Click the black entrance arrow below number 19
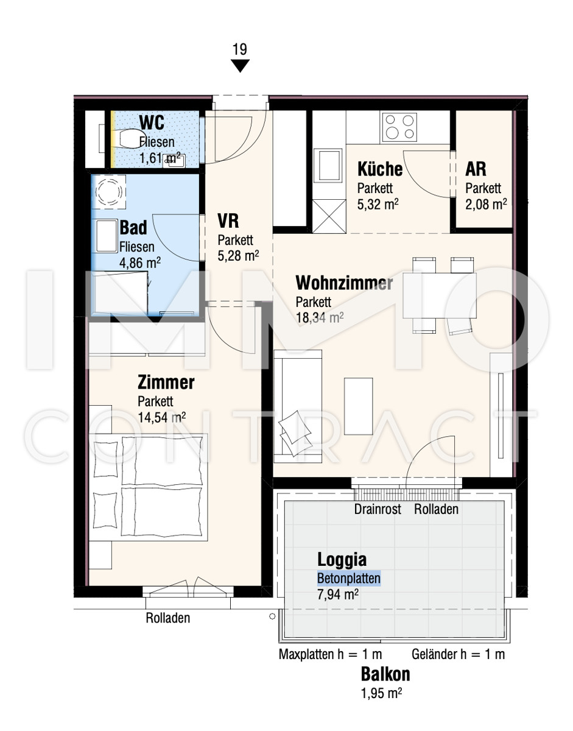pos(240,66)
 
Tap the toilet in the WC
pos(130,139)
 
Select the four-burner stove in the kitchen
pos(399,127)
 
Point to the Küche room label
pos(379,169)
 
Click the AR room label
pos(476,169)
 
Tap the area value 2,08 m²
pos(486,204)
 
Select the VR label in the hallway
pos(228,221)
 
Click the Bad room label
pos(133,227)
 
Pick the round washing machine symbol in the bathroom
pos(108,192)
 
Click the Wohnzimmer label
pos(344,283)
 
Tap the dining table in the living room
pos(440,295)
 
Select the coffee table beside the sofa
pos(358,406)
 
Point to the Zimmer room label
pos(166,383)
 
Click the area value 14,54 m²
pos(161,417)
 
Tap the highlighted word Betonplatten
pos(349,578)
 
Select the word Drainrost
pos(378,509)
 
